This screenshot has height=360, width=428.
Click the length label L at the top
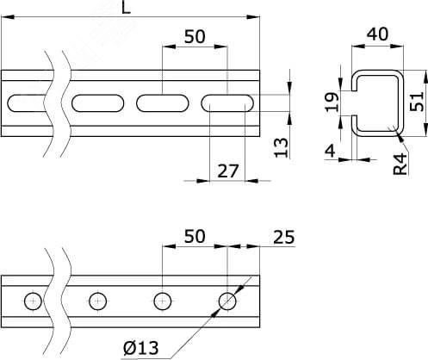(x=126, y=8)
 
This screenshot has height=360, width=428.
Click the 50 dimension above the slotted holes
(x=195, y=37)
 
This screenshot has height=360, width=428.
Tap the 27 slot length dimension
(x=228, y=171)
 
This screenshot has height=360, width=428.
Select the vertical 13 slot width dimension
(x=281, y=147)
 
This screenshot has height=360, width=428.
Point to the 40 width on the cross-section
(x=377, y=34)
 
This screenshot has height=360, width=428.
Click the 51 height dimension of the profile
(x=417, y=101)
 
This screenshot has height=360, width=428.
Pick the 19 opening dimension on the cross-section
(x=332, y=102)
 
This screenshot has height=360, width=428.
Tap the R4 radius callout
(x=400, y=164)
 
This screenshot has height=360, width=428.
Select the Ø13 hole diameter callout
(x=141, y=348)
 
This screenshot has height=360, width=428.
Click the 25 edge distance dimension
(x=284, y=238)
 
